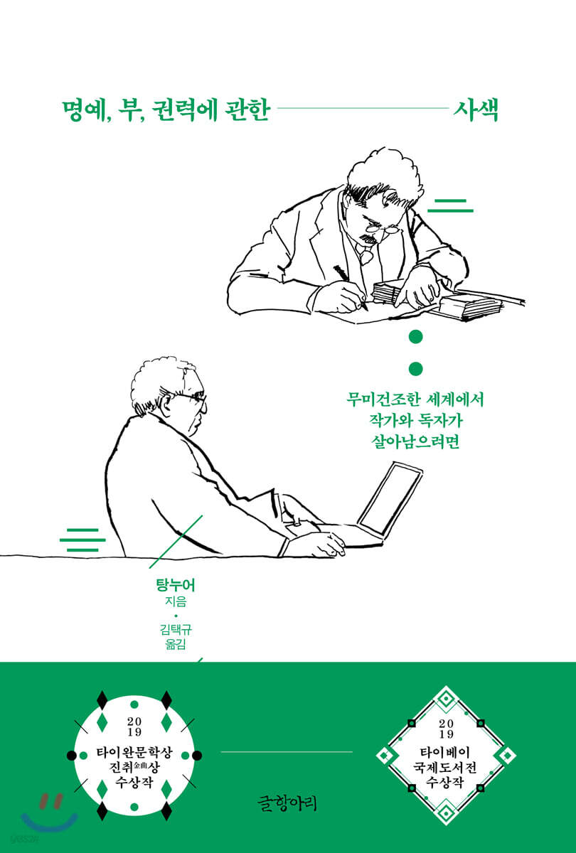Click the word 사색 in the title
pyautogui.click(x=476, y=109)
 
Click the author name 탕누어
pyautogui.click(x=175, y=585)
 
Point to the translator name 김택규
pyautogui.click(x=176, y=629)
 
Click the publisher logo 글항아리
pyautogui.click(x=287, y=803)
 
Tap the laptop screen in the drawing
pyautogui.click(x=390, y=499)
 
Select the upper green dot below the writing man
pyautogui.click(x=415, y=337)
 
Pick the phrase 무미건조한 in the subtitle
pyautogui.click(x=383, y=399)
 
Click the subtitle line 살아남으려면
pyautogui.click(x=415, y=441)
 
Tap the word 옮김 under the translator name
pyautogui.click(x=176, y=644)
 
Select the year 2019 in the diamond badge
pyautogui.click(x=446, y=729)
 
